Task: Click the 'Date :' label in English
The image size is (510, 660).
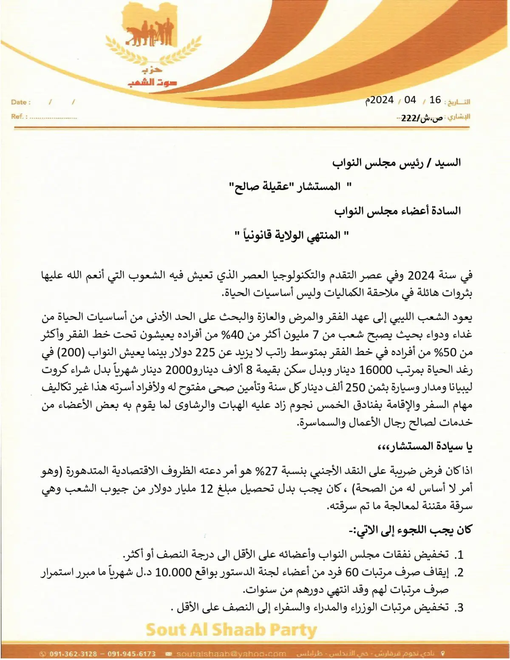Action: [x=21, y=102]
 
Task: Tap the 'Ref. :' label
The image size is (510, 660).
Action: [x=20, y=116]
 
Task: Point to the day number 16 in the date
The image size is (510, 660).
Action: [x=435, y=100]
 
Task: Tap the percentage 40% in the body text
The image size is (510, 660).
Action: [x=234, y=335]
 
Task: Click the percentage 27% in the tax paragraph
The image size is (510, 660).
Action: [x=266, y=471]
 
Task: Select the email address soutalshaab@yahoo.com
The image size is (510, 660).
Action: [x=231, y=654]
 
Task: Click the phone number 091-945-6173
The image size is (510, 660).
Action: [x=132, y=654]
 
